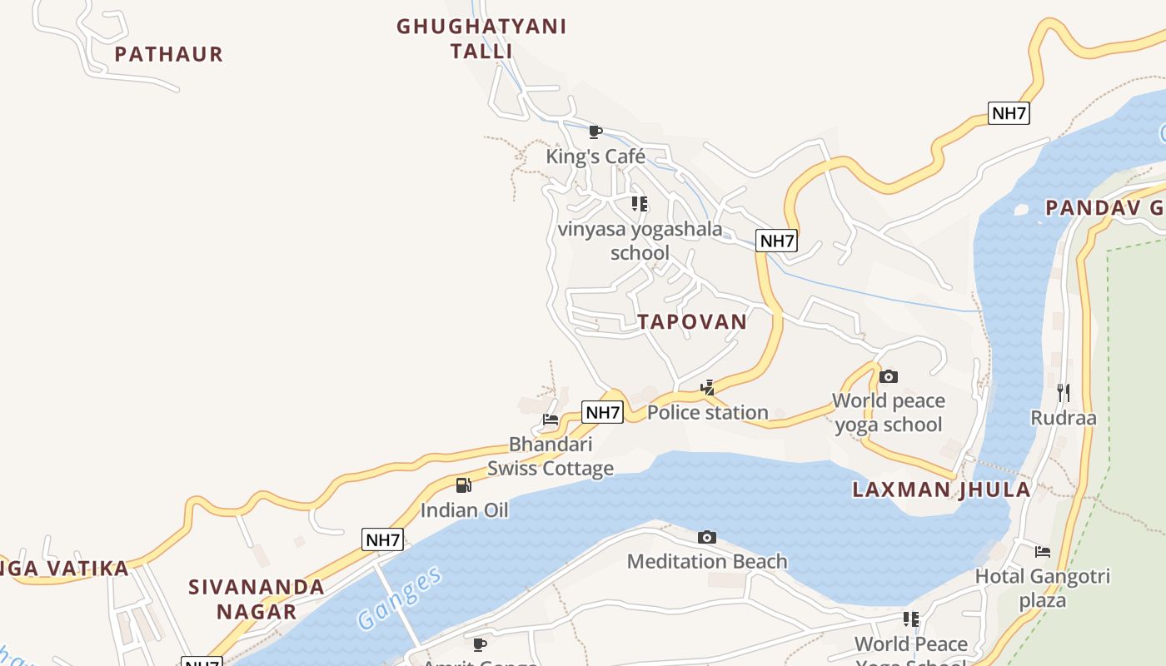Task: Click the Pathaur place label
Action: (169, 54)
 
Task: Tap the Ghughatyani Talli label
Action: (481, 38)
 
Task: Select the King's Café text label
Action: (595, 157)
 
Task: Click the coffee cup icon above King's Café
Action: (595, 132)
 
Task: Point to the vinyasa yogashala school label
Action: (640, 241)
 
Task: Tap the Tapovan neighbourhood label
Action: (692, 322)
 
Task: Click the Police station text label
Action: (707, 412)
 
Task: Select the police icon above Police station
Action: (707, 387)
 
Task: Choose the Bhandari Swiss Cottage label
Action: (551, 456)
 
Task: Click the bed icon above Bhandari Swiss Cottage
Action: (551, 420)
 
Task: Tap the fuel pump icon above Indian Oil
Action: (464, 485)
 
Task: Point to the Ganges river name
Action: (399, 599)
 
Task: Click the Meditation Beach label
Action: (707, 562)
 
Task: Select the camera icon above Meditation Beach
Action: (707, 537)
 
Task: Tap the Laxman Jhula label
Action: (941, 490)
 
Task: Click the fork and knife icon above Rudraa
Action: (1063, 392)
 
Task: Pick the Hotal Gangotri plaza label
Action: (1043, 588)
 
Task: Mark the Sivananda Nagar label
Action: (257, 599)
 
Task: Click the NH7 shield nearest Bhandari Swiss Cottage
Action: (603, 412)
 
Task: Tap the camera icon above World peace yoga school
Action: (889, 376)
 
